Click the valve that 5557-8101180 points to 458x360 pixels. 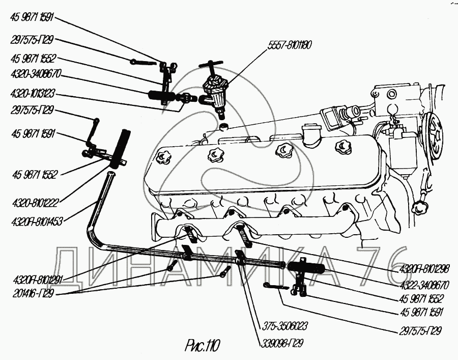[x=215, y=92]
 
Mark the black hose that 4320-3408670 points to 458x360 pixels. [x=162, y=95]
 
